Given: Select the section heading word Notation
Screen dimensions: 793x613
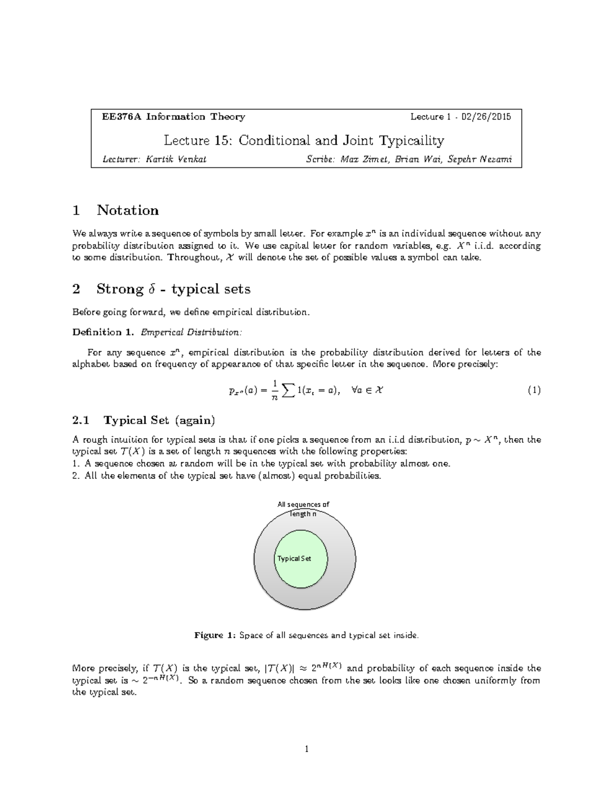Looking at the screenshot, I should click(x=128, y=210).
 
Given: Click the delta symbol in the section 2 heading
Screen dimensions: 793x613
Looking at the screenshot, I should click(x=151, y=289).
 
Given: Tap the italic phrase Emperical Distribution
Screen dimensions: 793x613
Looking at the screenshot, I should click(x=191, y=332).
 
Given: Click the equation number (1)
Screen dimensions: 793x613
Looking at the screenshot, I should click(x=534, y=391).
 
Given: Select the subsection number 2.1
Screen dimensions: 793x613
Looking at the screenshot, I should click(x=81, y=420).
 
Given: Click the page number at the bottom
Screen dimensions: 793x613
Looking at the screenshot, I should click(x=306, y=749).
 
